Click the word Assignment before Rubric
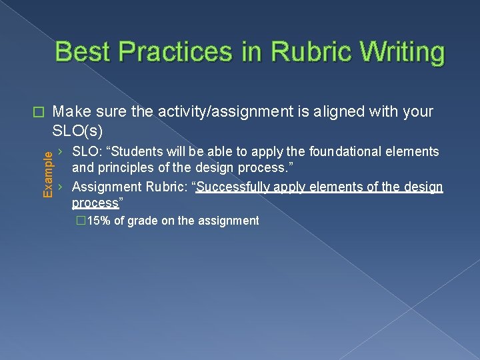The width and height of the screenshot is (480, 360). click(104, 187)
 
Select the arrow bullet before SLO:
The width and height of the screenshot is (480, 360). click(61, 151)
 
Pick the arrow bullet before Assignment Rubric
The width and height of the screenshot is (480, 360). click(61, 187)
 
